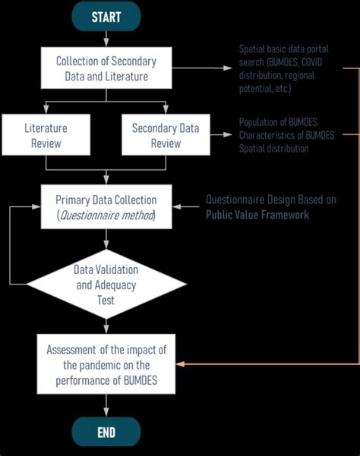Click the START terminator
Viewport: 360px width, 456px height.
pyautogui.click(x=106, y=16)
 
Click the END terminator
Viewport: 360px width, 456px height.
pyautogui.click(x=106, y=432)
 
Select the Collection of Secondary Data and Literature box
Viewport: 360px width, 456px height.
pyautogui.click(x=106, y=68)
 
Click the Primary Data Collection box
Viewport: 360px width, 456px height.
pyautogui.click(x=106, y=206)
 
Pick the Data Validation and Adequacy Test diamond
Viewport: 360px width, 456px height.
pyautogui.click(x=106, y=285)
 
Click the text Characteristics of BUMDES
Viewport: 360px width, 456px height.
pyautogui.click(x=285, y=135)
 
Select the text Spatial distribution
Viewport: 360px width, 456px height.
pyautogui.click(x=273, y=149)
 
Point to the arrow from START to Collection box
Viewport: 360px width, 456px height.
pyautogui.click(x=106, y=40)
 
